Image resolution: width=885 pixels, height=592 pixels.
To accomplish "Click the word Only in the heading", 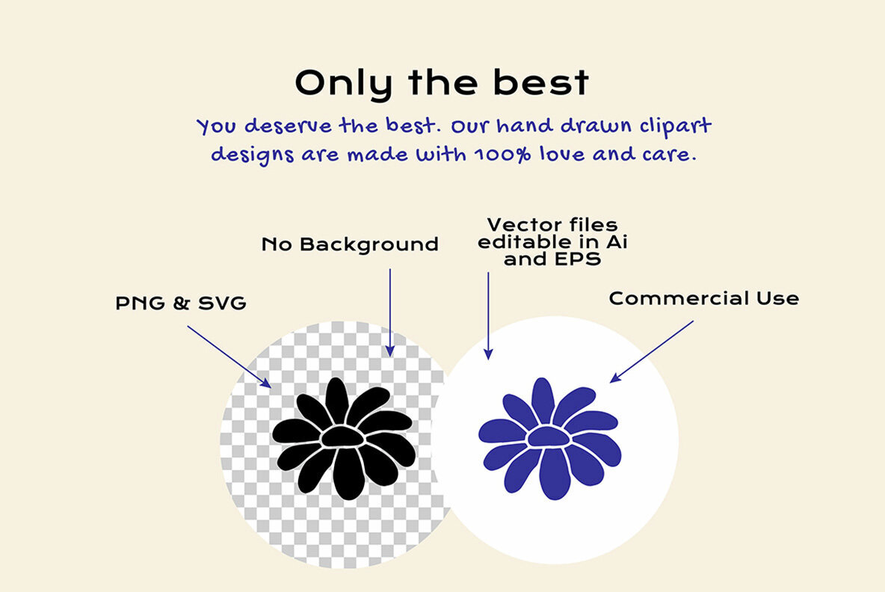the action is [x=344, y=84].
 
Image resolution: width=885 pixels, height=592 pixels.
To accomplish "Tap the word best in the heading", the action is [x=541, y=81].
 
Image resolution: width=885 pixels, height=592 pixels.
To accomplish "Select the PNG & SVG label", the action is [x=181, y=303].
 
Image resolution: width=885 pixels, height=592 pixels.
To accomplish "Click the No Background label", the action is [x=350, y=244].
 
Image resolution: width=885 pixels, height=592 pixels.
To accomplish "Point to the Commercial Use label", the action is [x=704, y=298].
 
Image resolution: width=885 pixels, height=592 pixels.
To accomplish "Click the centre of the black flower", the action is [x=342, y=437].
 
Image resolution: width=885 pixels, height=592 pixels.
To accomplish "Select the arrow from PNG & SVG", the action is [x=229, y=357].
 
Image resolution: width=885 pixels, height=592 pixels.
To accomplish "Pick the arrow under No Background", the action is [x=390, y=312].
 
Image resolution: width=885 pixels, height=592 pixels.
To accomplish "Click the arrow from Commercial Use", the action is [x=651, y=351].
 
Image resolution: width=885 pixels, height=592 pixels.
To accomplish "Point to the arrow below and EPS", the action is [x=488, y=316].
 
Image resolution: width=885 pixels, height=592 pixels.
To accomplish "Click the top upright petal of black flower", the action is [x=337, y=400].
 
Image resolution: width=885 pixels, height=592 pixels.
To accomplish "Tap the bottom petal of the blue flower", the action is [x=555, y=473].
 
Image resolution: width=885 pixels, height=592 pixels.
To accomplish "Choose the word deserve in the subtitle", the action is [x=288, y=126].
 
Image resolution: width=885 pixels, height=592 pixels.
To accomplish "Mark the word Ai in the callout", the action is [x=617, y=241].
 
